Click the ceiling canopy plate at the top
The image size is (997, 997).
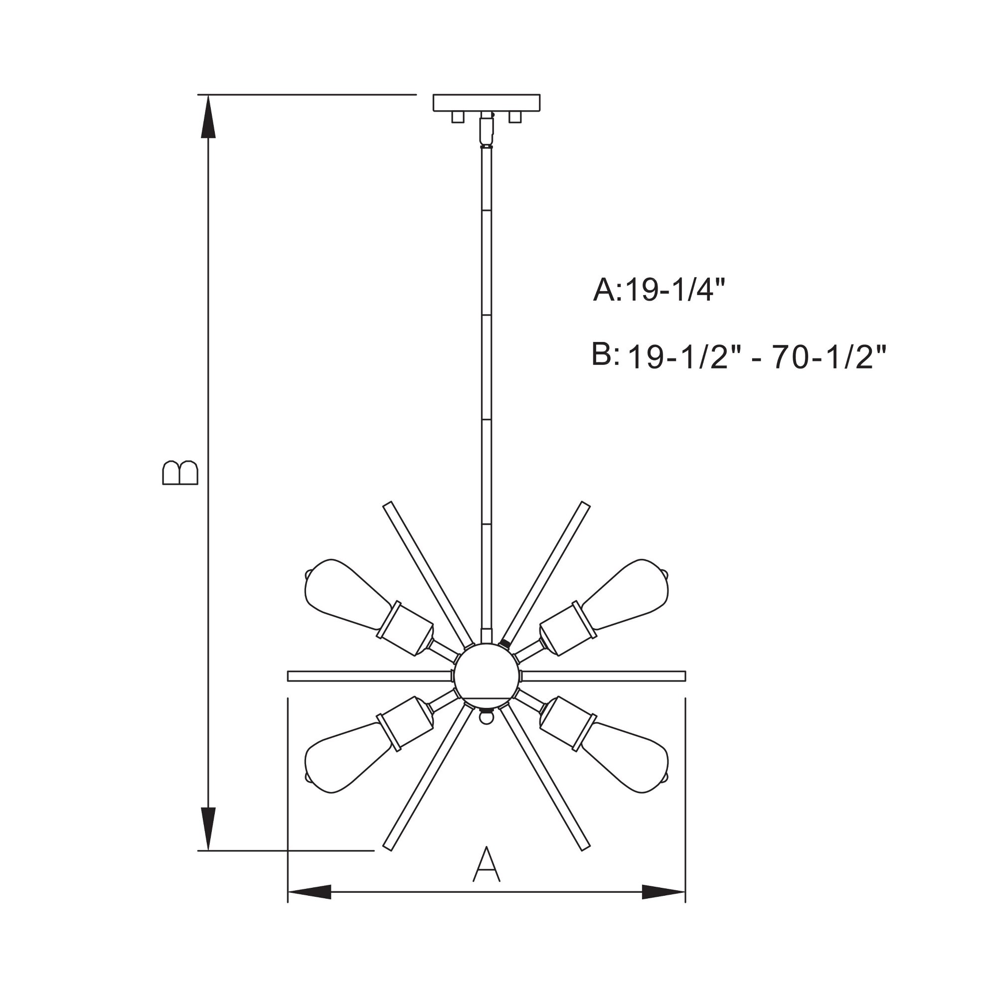point(486,103)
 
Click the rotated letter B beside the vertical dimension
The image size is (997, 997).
point(180,472)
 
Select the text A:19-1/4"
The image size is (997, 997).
point(659,290)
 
